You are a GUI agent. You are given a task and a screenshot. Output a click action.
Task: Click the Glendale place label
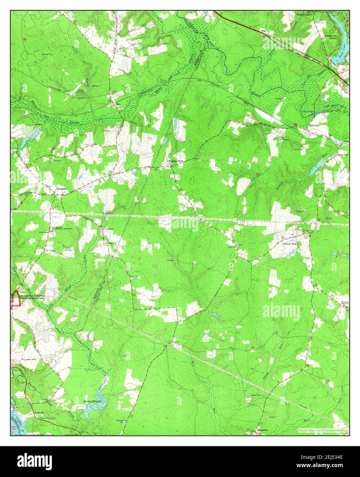click(61, 189)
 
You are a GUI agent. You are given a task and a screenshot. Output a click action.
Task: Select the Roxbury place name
click(314, 126)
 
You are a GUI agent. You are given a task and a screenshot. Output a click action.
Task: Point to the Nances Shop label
click(290, 244)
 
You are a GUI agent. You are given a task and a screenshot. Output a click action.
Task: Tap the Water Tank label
click(48, 54)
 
